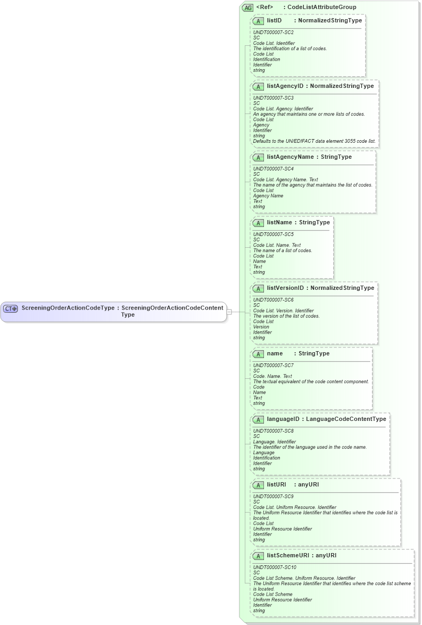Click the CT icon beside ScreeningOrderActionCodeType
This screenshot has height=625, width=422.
click(11, 309)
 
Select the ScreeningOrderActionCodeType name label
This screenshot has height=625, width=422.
click(68, 308)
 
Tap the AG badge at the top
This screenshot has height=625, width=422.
click(247, 7)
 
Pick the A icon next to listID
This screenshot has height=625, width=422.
click(258, 21)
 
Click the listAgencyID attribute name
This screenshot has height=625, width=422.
click(285, 86)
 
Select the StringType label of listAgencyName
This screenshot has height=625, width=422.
click(336, 157)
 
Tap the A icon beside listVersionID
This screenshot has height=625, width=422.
click(258, 288)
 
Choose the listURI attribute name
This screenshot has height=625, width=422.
click(277, 484)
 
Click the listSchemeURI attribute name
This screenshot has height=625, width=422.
click(288, 555)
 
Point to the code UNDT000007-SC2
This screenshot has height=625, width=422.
click(273, 33)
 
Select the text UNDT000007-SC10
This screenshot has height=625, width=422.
click(275, 567)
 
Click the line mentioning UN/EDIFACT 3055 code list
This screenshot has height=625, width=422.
click(314, 141)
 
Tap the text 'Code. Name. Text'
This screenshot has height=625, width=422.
click(272, 376)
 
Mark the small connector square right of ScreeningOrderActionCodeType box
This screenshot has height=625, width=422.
click(229, 312)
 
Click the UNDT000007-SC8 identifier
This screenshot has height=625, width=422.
click(273, 431)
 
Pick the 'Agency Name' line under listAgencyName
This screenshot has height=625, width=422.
click(268, 196)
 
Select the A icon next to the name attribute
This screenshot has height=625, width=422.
click(258, 354)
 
